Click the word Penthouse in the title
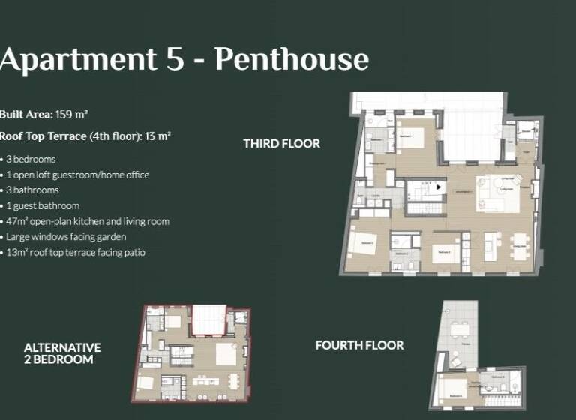(x=292, y=59)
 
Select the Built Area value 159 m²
(x=72, y=114)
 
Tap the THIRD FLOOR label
(x=281, y=143)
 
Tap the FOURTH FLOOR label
(x=359, y=345)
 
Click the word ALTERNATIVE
(x=62, y=347)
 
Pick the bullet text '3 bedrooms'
(x=31, y=159)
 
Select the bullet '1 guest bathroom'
(x=43, y=205)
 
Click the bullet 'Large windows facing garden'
(x=61, y=237)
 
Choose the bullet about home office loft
(x=78, y=175)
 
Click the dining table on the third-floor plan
(x=518, y=244)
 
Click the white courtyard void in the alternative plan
(x=209, y=320)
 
